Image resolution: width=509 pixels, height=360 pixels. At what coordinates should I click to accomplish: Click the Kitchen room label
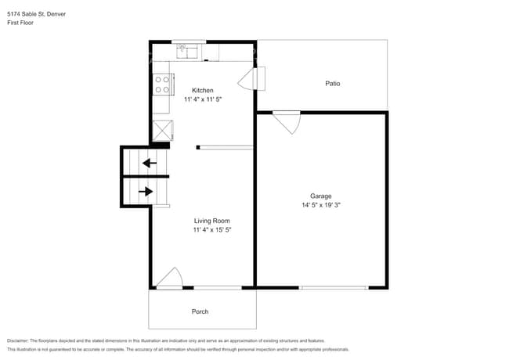(202, 90)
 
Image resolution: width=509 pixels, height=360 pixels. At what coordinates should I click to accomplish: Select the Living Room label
(211, 221)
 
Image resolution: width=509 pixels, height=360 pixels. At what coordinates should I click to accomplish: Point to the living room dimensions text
(211, 231)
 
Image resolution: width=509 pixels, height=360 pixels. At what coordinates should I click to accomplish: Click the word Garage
(320, 196)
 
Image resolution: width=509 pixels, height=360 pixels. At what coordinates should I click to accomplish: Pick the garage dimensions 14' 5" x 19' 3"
(320, 206)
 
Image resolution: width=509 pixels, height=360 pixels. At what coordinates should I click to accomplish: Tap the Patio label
(333, 83)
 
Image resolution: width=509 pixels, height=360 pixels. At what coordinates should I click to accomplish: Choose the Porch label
(200, 311)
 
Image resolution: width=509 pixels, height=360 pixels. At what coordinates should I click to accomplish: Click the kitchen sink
(189, 51)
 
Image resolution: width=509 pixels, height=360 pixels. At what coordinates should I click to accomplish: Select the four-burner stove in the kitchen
(162, 82)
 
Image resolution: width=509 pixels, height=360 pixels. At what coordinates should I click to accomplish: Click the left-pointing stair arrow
(148, 164)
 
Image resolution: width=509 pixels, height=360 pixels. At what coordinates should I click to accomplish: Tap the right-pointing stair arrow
(146, 190)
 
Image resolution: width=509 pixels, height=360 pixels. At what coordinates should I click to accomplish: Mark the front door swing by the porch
(171, 279)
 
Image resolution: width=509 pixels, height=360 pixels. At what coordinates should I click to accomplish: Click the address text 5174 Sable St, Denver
(36, 14)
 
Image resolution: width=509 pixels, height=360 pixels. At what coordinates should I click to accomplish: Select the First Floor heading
(20, 23)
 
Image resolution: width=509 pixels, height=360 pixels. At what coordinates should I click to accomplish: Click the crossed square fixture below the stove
(162, 129)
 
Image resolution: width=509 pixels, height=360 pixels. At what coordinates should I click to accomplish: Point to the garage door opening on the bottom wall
(334, 288)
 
